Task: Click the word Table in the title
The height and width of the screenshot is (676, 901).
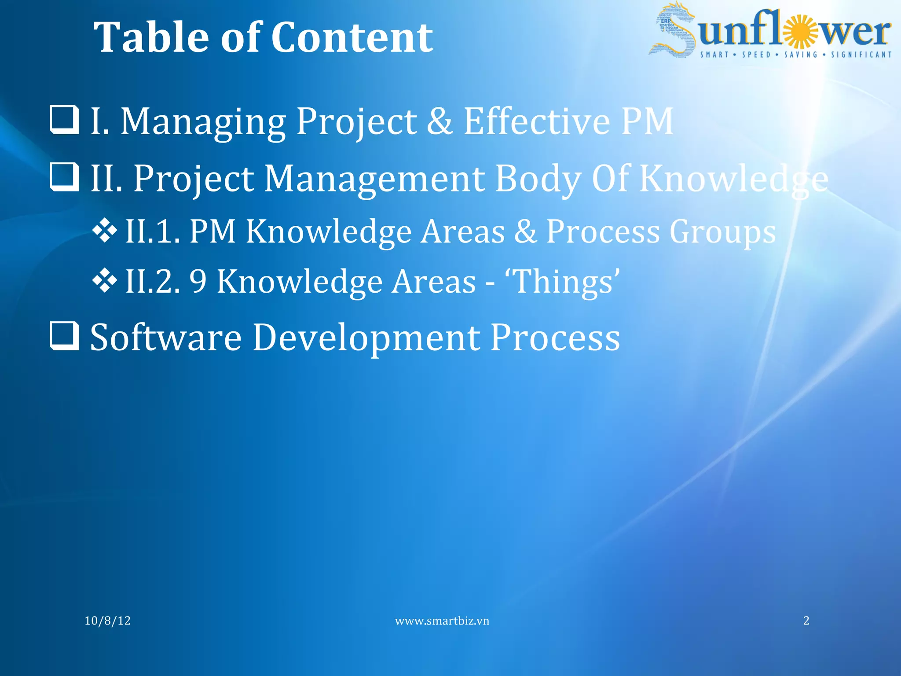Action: tap(152, 38)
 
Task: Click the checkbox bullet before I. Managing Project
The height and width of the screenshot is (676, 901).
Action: tap(64, 119)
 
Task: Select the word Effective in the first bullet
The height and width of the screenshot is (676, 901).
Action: tap(537, 121)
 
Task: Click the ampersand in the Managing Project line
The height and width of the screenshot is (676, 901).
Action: tap(440, 121)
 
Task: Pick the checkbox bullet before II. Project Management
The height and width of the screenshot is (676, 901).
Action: tap(64, 177)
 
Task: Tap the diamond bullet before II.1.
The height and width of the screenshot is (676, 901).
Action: tap(105, 230)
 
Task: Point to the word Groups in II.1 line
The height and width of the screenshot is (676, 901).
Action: tap(722, 232)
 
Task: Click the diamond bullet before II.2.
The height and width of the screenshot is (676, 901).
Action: tap(105, 280)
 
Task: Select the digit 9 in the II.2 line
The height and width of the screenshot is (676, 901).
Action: tap(198, 282)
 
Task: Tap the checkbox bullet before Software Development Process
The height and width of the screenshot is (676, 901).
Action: tap(64, 336)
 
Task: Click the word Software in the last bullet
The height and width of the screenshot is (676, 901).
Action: tap(166, 338)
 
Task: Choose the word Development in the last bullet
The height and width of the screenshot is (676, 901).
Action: tap(366, 338)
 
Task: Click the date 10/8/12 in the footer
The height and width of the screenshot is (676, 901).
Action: tap(107, 621)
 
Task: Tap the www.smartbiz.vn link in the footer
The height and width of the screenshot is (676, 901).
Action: tap(442, 621)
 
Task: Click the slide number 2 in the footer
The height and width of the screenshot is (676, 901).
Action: tap(806, 621)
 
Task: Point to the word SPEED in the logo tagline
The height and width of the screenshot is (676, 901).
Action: tap(756, 55)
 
